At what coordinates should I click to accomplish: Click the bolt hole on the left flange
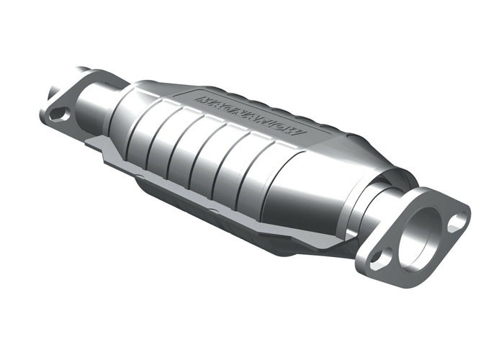[x=60, y=114]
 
